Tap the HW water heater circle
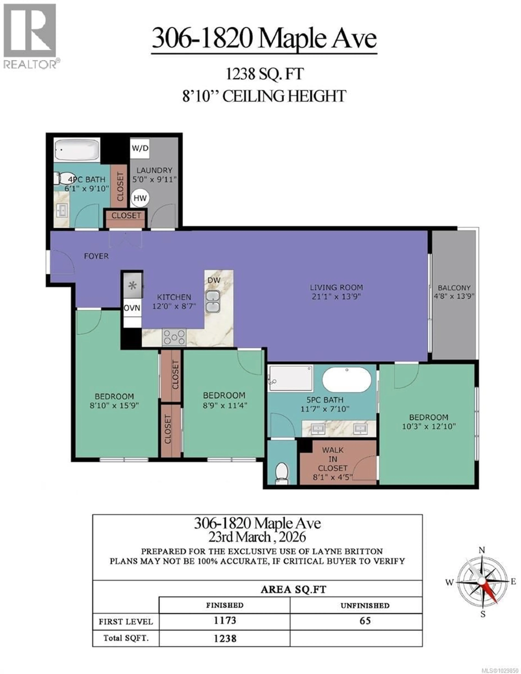click(140, 198)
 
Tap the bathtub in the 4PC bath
click(77, 149)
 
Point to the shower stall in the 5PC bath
click(290, 378)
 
